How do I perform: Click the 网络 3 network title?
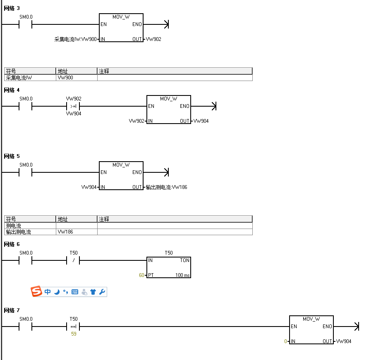(x=12, y=8)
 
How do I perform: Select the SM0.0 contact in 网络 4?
(x=26, y=106)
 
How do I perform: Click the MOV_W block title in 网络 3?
(x=121, y=17)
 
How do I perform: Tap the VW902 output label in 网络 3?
(x=153, y=39)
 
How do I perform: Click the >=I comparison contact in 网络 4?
(x=73, y=106)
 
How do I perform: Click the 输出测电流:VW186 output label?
(x=166, y=187)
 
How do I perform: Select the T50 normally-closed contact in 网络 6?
(x=73, y=261)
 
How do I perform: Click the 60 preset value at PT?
(x=141, y=275)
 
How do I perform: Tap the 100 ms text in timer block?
(x=182, y=275)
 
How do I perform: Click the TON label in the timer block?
(x=184, y=260)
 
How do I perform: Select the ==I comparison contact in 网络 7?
(x=73, y=327)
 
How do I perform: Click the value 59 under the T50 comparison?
(x=74, y=334)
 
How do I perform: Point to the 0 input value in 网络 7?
(x=285, y=341)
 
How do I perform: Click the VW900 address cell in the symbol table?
(x=76, y=78)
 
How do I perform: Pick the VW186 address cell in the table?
(x=76, y=232)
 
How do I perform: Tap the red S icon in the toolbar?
(x=37, y=292)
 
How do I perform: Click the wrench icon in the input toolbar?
(x=102, y=292)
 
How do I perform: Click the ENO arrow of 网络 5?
(x=166, y=172)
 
